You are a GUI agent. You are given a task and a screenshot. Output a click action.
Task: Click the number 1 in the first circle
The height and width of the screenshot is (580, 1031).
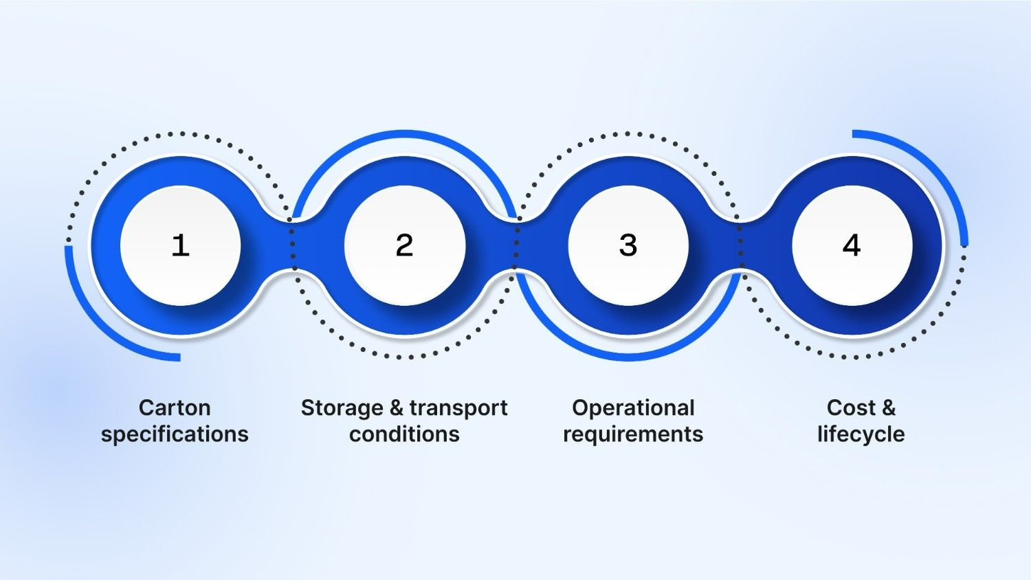click(x=180, y=245)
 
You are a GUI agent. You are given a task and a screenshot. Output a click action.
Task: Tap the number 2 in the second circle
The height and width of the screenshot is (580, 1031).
click(x=404, y=245)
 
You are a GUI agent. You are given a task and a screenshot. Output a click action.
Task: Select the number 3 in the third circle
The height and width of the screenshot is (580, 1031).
click(x=628, y=245)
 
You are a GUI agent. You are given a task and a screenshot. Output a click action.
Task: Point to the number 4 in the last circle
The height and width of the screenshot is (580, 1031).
click(x=852, y=245)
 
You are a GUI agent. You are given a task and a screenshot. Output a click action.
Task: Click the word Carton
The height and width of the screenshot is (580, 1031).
click(x=175, y=408)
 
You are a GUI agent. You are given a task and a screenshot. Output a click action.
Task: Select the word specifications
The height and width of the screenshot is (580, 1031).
click(x=175, y=434)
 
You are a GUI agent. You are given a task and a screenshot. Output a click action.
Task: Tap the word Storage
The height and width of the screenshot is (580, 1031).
click(x=342, y=408)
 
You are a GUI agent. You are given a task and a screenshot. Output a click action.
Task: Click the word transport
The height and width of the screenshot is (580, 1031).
click(x=458, y=408)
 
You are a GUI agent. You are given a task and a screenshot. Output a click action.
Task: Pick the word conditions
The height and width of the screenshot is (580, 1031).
click(x=404, y=434)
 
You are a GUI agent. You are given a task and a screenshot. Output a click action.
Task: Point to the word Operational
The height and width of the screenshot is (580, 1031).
click(x=633, y=408)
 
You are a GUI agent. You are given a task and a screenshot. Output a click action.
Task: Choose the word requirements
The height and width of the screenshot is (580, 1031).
click(x=633, y=434)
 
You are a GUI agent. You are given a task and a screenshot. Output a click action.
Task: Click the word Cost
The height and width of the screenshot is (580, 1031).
click(x=851, y=408)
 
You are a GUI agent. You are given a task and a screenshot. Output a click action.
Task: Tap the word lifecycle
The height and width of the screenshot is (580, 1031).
click(x=861, y=434)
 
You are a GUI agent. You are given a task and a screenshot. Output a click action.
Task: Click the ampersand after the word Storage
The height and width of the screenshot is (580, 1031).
click(x=397, y=408)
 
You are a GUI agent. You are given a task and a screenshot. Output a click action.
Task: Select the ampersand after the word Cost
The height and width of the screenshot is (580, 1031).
click(x=888, y=408)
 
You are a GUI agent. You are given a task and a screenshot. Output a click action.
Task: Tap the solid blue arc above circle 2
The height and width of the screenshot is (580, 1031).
click(x=404, y=133)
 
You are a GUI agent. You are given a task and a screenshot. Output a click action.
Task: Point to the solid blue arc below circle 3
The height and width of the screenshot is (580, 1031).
click(x=628, y=357)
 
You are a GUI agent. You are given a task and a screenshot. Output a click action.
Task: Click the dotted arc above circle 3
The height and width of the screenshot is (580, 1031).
click(x=628, y=134)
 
